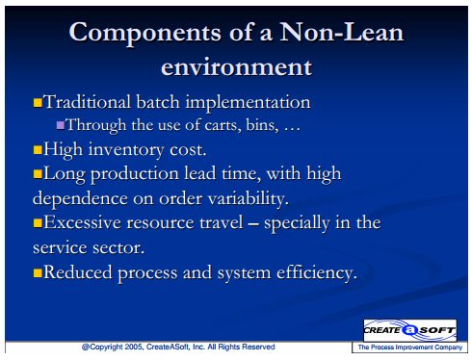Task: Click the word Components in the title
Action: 145,34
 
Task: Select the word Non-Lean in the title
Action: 342,32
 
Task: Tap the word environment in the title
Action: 236,66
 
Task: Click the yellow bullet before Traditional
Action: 38,102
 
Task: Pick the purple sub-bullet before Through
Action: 61,124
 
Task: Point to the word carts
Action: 223,125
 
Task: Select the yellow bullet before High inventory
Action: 38,150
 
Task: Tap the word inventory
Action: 126,150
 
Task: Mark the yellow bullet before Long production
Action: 38,174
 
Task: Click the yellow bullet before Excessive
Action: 38,223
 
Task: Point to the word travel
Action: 222,222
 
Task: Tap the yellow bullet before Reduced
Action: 38,272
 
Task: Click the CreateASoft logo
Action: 410,330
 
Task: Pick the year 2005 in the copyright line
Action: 134,347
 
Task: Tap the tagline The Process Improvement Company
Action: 410,347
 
